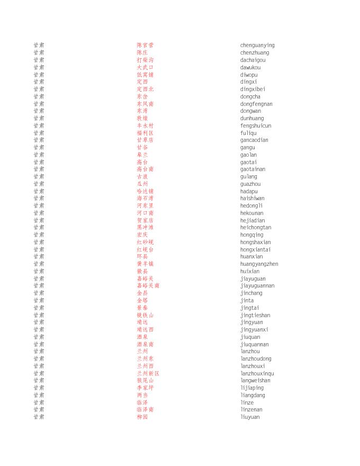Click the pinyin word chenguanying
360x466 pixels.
click(257, 46)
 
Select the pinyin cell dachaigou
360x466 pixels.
click(253, 60)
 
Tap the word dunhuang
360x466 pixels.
click(251, 119)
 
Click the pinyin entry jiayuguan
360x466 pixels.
click(253, 279)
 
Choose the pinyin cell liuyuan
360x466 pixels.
click(250, 417)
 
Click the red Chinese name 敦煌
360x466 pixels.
click(142, 119)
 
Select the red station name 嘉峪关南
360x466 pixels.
click(148, 286)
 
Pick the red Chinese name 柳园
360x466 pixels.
click(142, 417)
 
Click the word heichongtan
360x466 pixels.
click(256, 228)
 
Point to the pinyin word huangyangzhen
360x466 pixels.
click(259, 264)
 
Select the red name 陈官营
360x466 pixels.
click(145, 46)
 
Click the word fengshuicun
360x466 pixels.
click(256, 126)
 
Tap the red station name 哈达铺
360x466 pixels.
click(145, 192)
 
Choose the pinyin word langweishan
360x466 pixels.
click(255, 381)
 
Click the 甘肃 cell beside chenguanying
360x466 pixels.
click(39, 46)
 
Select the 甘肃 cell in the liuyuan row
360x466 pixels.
click(39, 417)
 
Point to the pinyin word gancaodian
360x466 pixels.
click(254, 140)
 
